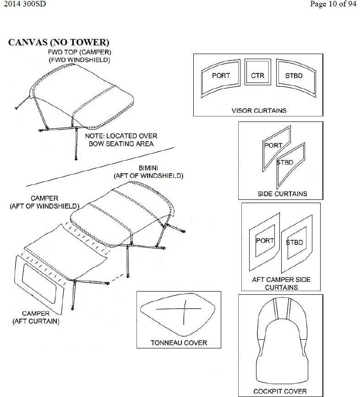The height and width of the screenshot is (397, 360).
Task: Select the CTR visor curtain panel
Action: pos(257,76)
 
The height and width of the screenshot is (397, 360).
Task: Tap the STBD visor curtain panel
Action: pos(294,76)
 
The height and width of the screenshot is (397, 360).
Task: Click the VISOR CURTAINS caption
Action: pos(259,110)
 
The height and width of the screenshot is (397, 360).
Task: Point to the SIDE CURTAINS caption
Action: pos(282,193)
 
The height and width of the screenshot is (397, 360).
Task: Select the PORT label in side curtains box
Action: pos(273,145)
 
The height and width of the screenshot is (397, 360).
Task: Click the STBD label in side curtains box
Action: pos(285,162)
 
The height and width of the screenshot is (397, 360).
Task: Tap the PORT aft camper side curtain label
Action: pos(265,241)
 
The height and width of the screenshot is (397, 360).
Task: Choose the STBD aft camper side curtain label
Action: pos(295,243)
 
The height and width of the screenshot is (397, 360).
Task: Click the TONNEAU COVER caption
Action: pos(179,342)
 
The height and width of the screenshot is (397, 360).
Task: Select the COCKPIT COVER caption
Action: pos(280,391)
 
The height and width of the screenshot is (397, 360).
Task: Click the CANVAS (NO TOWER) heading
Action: pos(59,43)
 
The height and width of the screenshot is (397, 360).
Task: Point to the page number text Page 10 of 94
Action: pos(333,5)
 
